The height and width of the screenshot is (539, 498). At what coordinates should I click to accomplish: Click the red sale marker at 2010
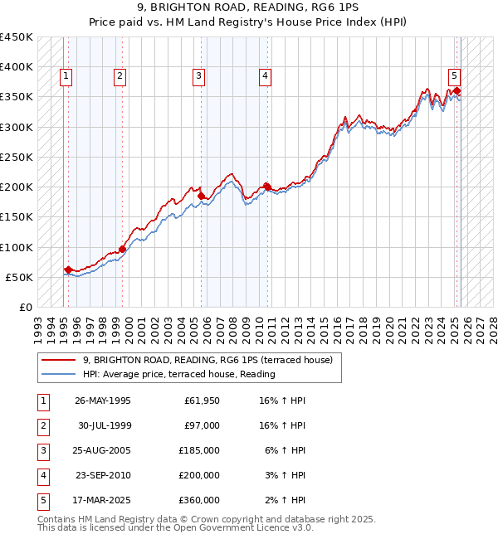point(266,187)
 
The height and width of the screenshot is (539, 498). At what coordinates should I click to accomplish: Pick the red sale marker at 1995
point(67,269)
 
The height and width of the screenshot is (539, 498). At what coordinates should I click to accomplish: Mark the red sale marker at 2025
point(457,91)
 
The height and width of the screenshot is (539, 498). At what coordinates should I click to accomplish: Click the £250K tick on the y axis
point(17,157)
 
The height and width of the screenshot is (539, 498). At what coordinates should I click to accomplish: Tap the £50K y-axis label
point(20,277)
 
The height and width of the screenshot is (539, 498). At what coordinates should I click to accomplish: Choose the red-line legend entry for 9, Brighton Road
point(207,360)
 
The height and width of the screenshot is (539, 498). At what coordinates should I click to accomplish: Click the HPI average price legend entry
point(178,374)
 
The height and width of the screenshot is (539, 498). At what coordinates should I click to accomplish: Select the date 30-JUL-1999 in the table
point(103,425)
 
